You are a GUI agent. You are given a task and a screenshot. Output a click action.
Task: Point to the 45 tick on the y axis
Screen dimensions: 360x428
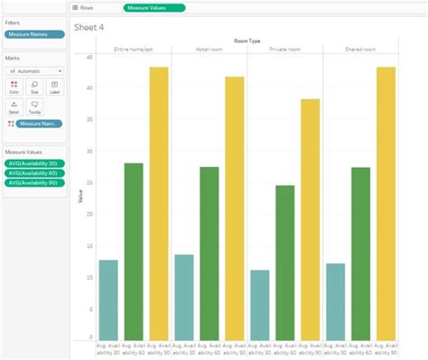89,57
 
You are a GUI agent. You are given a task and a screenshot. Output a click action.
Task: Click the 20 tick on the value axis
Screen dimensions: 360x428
89,215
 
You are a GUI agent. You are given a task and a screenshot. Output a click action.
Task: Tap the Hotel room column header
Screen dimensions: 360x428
209,49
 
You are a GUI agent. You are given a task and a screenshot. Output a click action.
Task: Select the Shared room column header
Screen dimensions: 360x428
360,49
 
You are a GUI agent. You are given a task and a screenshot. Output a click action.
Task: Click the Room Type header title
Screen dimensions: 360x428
247,40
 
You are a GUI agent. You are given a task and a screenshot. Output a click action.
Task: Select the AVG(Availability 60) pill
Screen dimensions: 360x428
33,172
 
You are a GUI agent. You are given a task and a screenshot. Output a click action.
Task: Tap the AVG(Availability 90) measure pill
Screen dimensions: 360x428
33,182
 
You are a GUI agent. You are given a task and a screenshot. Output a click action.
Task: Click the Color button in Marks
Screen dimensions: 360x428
14,86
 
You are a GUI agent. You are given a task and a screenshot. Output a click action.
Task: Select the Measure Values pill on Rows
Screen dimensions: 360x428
154,7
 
